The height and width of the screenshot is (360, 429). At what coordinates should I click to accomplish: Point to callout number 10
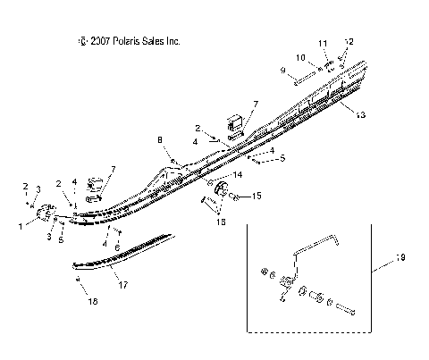coord(302,57)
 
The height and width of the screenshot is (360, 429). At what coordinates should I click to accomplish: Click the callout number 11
coord(323,43)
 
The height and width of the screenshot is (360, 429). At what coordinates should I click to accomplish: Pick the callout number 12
coord(350,41)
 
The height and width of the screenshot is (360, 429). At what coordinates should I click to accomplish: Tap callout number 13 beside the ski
coord(360,115)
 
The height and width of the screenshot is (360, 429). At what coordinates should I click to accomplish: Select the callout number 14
coord(237,174)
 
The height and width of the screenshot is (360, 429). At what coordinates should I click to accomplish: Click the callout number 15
coord(255,194)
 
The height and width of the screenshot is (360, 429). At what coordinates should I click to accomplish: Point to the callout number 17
coord(122,286)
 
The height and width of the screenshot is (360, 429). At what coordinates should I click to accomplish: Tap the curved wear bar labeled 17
coord(116,256)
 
